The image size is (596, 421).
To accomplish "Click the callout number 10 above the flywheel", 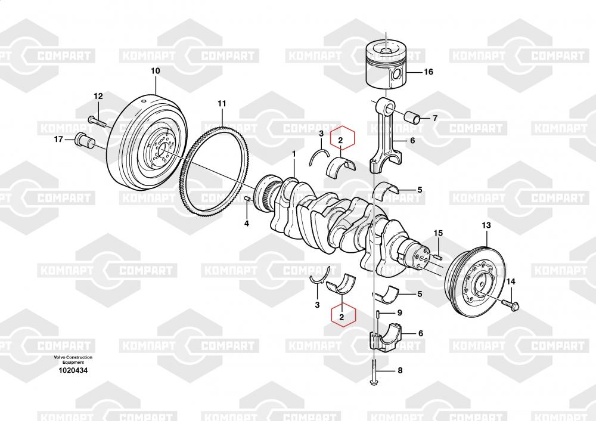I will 155,71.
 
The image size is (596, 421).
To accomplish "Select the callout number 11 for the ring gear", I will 222,104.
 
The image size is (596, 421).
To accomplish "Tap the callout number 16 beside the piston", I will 428,72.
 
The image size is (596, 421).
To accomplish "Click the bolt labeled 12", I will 99,122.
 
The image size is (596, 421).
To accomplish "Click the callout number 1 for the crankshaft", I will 293,154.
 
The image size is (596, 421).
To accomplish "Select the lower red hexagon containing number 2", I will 341,317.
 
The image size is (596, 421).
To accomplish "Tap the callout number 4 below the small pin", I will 246,224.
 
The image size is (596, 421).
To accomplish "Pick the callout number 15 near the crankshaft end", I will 438,233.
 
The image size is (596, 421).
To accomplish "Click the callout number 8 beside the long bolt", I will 399,370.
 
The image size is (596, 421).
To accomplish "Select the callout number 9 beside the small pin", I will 399,312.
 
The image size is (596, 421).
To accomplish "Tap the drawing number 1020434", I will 73,370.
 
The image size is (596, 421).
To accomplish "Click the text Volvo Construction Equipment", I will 73,360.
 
